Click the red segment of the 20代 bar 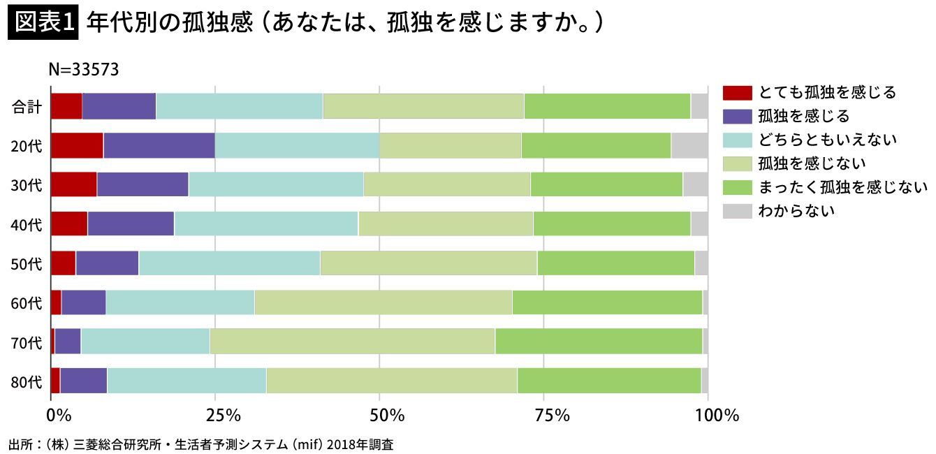click(77, 145)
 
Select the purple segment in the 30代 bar click(142, 184)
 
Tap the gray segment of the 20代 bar click(689, 145)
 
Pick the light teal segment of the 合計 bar click(240, 106)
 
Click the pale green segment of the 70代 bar click(352, 342)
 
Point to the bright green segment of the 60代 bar click(607, 302)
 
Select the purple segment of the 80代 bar click(84, 381)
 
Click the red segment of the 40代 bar click(69, 224)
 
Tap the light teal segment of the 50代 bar click(229, 263)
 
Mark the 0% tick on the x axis click(59, 416)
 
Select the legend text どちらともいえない click(827, 140)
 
